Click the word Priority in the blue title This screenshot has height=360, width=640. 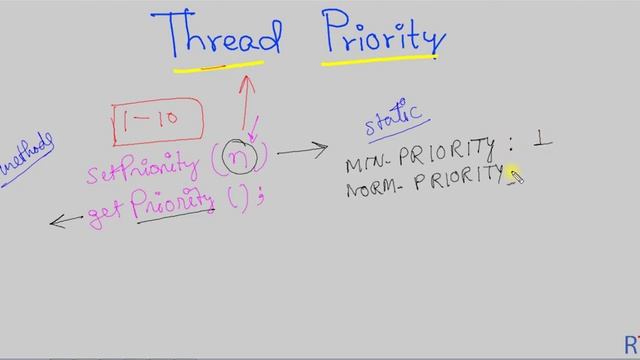(384, 38)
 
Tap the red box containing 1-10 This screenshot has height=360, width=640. (157, 120)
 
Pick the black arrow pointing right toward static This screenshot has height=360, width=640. (302, 151)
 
